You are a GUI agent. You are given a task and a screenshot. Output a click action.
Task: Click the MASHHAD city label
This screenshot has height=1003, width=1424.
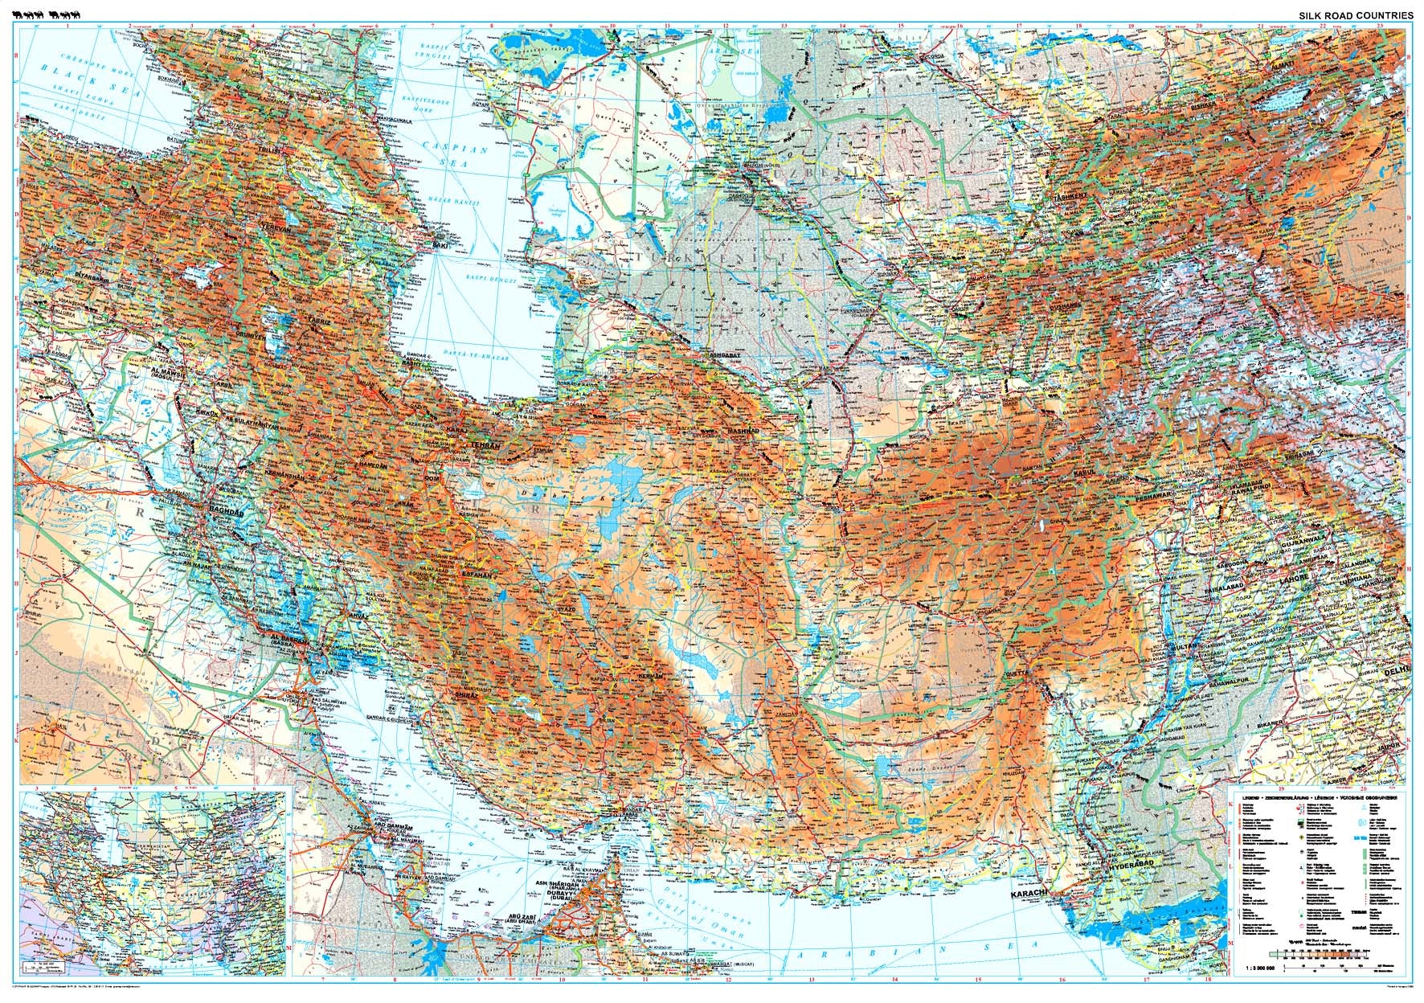pyautogui.click(x=743, y=432)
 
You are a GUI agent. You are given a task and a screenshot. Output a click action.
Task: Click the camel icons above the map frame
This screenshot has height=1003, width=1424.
pyautogui.click(x=48, y=14)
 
